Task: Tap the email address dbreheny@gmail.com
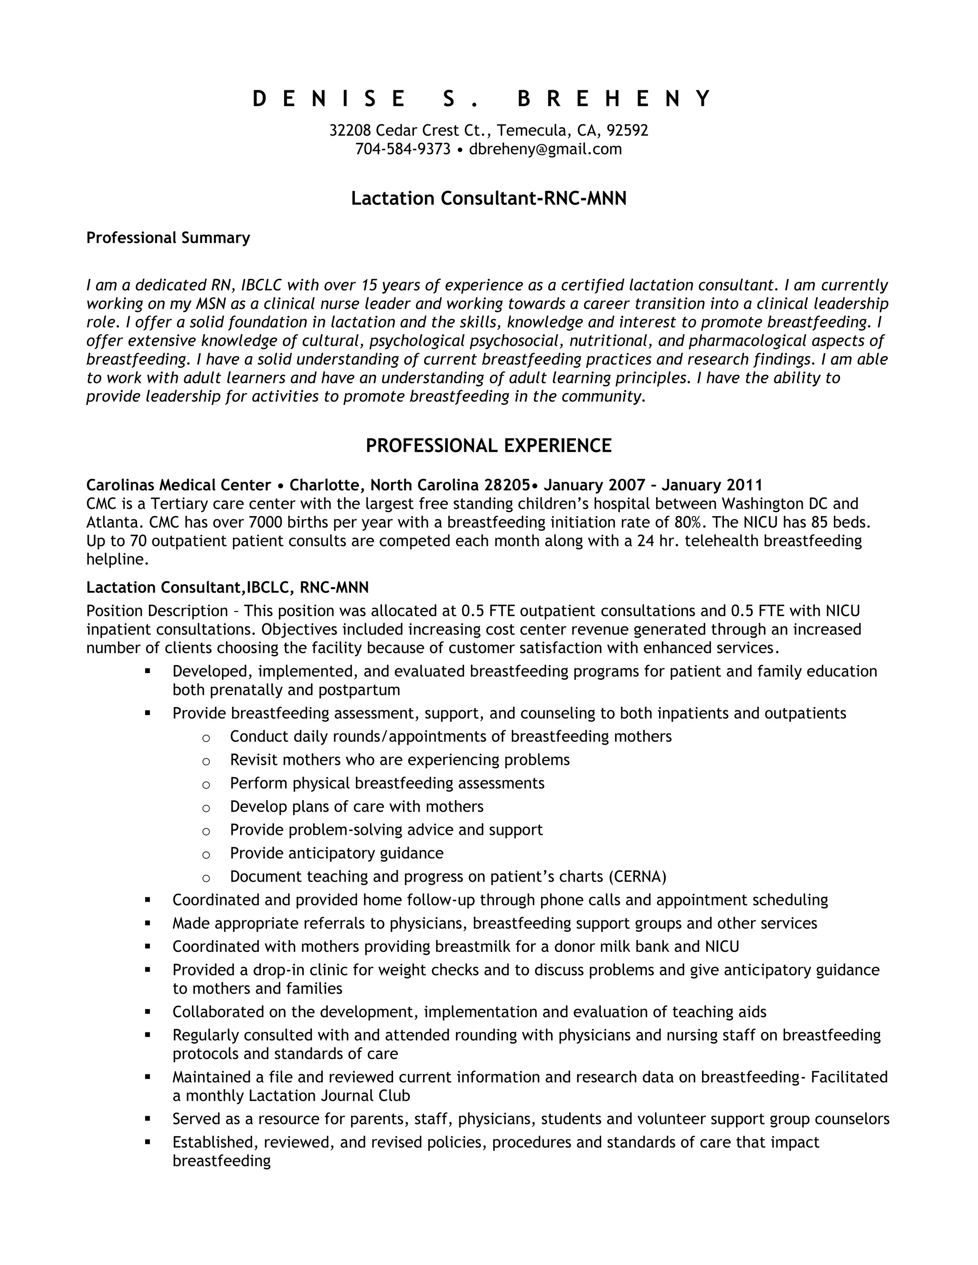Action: [x=545, y=149]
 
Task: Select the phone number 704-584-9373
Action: [x=403, y=149]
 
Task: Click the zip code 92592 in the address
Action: [x=627, y=130]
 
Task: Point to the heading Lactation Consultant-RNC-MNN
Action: [x=489, y=199]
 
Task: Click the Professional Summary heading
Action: [x=168, y=238]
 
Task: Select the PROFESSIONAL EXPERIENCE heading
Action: [x=489, y=445]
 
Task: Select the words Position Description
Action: [x=157, y=611]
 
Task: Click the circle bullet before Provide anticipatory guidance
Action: [x=206, y=854]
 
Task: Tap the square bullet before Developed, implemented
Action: [x=148, y=671]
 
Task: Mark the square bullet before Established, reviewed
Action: [x=148, y=1142]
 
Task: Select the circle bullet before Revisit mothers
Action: [x=206, y=761]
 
